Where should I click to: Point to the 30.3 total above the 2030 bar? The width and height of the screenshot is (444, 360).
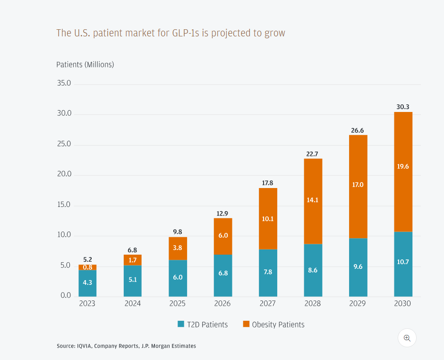[403, 107]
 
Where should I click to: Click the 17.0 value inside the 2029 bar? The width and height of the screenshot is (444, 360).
[358, 185]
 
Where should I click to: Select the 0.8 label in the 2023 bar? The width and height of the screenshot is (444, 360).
[87, 267]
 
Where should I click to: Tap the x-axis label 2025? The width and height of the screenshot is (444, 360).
[178, 303]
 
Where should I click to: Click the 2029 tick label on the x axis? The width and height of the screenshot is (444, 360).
[358, 303]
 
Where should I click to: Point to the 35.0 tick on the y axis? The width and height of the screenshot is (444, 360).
[63, 84]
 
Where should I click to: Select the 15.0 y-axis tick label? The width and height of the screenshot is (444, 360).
[63, 205]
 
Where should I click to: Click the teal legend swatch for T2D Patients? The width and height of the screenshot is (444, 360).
[180, 324]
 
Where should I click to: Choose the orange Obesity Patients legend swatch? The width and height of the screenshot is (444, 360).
[246, 324]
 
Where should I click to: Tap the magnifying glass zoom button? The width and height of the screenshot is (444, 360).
[407, 338]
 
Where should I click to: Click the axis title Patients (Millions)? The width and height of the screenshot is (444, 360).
[85, 64]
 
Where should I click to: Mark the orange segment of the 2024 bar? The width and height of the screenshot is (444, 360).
[133, 260]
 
